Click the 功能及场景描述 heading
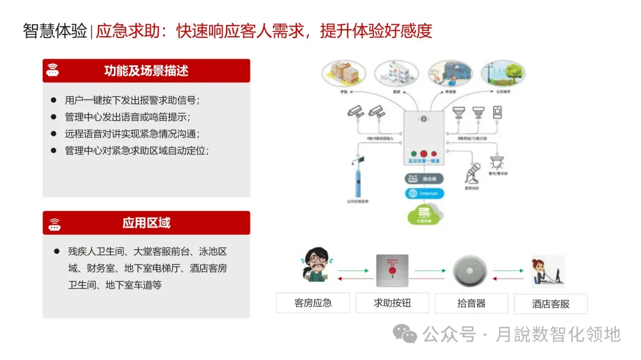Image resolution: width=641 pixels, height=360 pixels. pos(146,71)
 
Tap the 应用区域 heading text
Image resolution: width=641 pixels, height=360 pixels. pos(146,223)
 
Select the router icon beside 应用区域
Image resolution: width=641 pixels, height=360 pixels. pos(55,224)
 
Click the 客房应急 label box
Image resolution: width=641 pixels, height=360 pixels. pos(313,303)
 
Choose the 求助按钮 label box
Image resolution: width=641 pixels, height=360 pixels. pos(392,303)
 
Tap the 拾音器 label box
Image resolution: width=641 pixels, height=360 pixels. pos(471,303)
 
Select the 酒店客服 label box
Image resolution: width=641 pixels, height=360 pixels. pos(550,304)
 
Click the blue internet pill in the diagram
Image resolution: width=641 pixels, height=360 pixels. pos(424,193)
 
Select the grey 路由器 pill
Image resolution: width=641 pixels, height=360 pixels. pos(424,177)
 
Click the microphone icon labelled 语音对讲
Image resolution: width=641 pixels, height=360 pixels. pos(472,174)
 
